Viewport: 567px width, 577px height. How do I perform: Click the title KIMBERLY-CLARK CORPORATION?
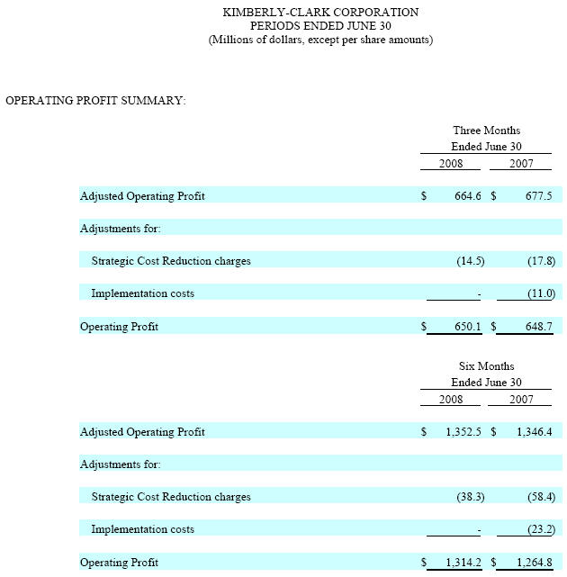point(320,13)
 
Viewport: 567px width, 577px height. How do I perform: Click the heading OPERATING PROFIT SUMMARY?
point(95,100)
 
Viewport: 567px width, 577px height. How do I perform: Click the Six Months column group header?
point(487,366)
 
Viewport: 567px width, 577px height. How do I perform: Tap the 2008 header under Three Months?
point(451,164)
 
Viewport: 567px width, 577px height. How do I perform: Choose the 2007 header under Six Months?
point(521,400)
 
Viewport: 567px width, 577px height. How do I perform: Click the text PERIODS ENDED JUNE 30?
point(320,26)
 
